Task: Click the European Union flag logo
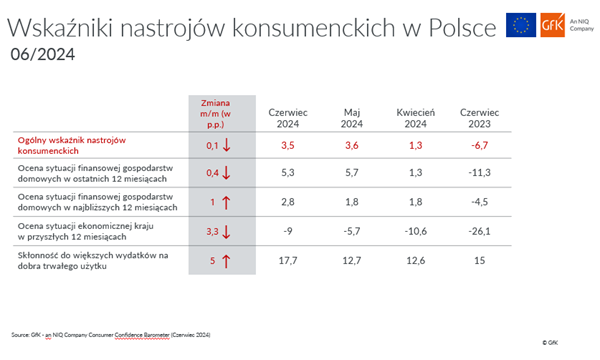click(519, 25)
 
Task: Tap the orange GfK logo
click(551, 25)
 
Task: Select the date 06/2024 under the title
click(37, 53)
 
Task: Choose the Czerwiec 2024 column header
click(287, 117)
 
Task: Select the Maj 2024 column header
click(351, 117)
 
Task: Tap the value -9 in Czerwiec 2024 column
click(287, 232)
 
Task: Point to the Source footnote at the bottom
click(110, 333)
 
